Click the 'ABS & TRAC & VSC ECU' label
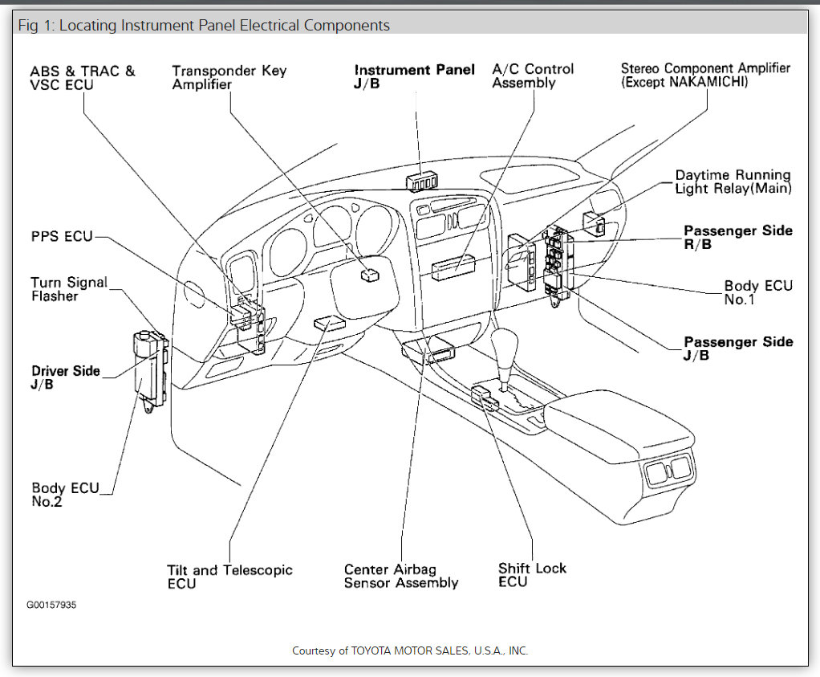coord(83,77)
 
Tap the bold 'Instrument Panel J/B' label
coord(414,77)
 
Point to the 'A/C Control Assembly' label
coord(533,75)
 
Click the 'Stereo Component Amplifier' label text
coord(705,75)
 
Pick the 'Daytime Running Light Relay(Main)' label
coord(733,181)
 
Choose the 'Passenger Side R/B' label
coord(737,237)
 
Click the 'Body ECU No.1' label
coord(757,292)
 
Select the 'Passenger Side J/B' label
coord(737,348)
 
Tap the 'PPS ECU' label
coord(62,236)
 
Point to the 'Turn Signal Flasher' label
coord(68,289)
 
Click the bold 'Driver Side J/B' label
coord(66,377)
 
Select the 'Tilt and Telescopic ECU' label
coord(229,577)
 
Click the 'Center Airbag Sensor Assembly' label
coord(400,576)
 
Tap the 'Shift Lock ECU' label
coord(532,574)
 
